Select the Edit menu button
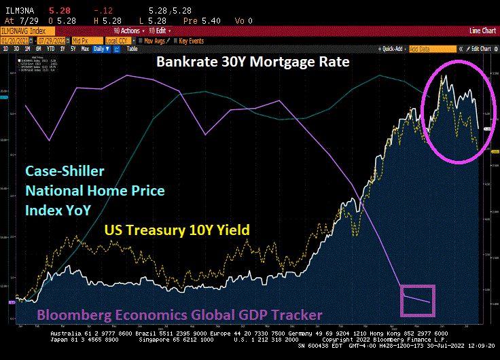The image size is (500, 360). [x=160, y=31]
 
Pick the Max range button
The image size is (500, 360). [x=85, y=49]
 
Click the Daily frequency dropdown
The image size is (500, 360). [x=101, y=49]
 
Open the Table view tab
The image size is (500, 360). [x=132, y=49]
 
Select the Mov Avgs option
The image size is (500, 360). [x=154, y=40]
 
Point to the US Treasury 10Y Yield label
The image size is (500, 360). [x=176, y=230]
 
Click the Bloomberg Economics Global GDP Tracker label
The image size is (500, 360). [x=179, y=315]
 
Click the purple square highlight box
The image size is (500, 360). [x=416, y=300]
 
